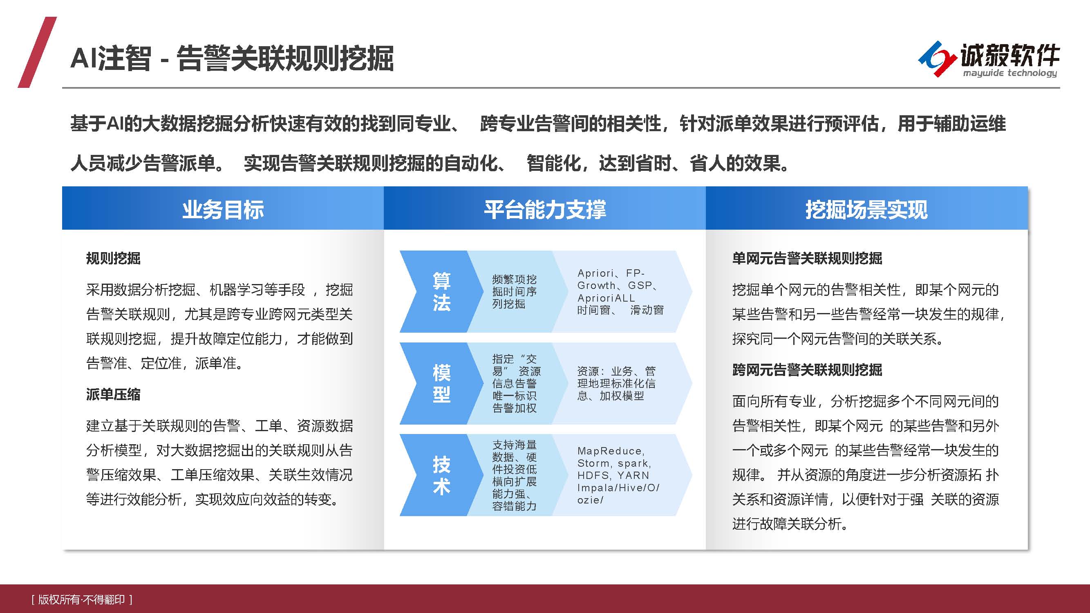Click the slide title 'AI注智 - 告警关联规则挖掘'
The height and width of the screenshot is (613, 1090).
coord(232,58)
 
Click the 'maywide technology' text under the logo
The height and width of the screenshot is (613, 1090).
coord(1009,73)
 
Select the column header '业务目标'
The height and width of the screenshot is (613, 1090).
coord(223,209)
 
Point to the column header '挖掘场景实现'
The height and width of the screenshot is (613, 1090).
coord(866,209)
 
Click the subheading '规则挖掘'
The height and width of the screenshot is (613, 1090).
coord(113,258)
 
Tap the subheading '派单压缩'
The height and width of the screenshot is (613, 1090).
coord(113,394)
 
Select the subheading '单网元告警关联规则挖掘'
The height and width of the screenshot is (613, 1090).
coord(807,258)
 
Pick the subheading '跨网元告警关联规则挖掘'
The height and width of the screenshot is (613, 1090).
coord(807,370)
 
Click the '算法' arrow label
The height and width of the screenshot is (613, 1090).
coord(441,291)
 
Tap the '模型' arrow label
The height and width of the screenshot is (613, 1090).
coord(441,383)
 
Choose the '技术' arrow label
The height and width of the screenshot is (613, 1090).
coord(441,475)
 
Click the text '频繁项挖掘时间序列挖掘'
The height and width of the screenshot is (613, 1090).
coord(514,291)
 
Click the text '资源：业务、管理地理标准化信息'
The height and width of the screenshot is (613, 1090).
coord(616,383)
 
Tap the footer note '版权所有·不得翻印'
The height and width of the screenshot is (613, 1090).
coord(82,599)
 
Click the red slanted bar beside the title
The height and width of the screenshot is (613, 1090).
coord(37,52)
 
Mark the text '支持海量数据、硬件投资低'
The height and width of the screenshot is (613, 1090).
coord(514,457)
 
